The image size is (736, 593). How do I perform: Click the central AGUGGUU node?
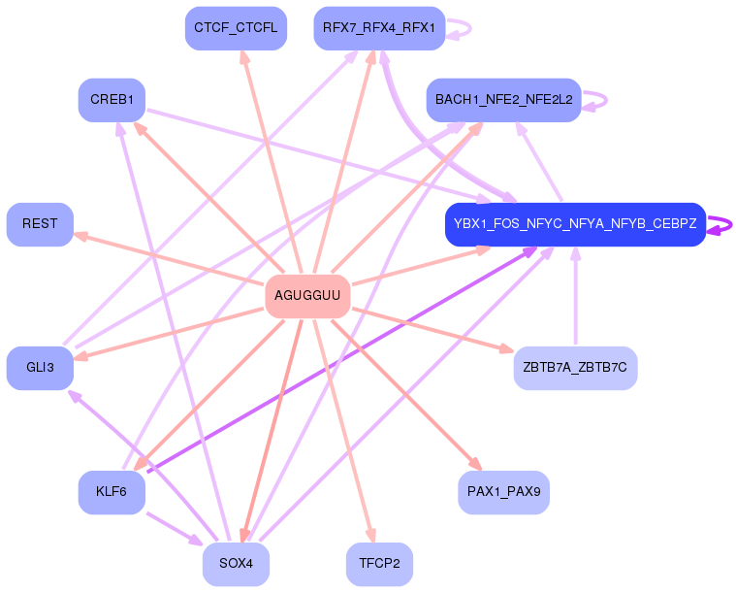coord(307,295)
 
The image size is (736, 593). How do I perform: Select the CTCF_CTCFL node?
coord(236,27)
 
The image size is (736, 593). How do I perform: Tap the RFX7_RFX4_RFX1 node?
coord(379,27)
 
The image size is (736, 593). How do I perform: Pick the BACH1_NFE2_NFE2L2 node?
coord(503,99)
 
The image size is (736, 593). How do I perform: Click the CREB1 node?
coord(112,99)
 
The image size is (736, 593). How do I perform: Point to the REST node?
coord(40,223)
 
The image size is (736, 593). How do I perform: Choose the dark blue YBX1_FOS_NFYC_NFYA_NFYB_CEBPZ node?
coord(575,223)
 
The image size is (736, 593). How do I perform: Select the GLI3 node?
coord(40,367)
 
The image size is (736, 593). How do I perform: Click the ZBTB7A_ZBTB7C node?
coord(575,367)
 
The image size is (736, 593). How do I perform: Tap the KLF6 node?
coord(112,491)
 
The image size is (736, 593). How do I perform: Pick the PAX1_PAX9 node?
coord(503,491)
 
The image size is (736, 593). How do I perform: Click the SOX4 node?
coord(236,564)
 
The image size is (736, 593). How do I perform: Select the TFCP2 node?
coord(379,564)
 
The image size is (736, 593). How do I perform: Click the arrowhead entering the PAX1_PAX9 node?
coord(475,464)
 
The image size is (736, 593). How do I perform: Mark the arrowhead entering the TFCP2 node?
coord(369,534)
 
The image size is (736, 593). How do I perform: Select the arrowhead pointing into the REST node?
coord(81,236)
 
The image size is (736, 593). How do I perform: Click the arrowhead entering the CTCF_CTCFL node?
coord(244,57)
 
